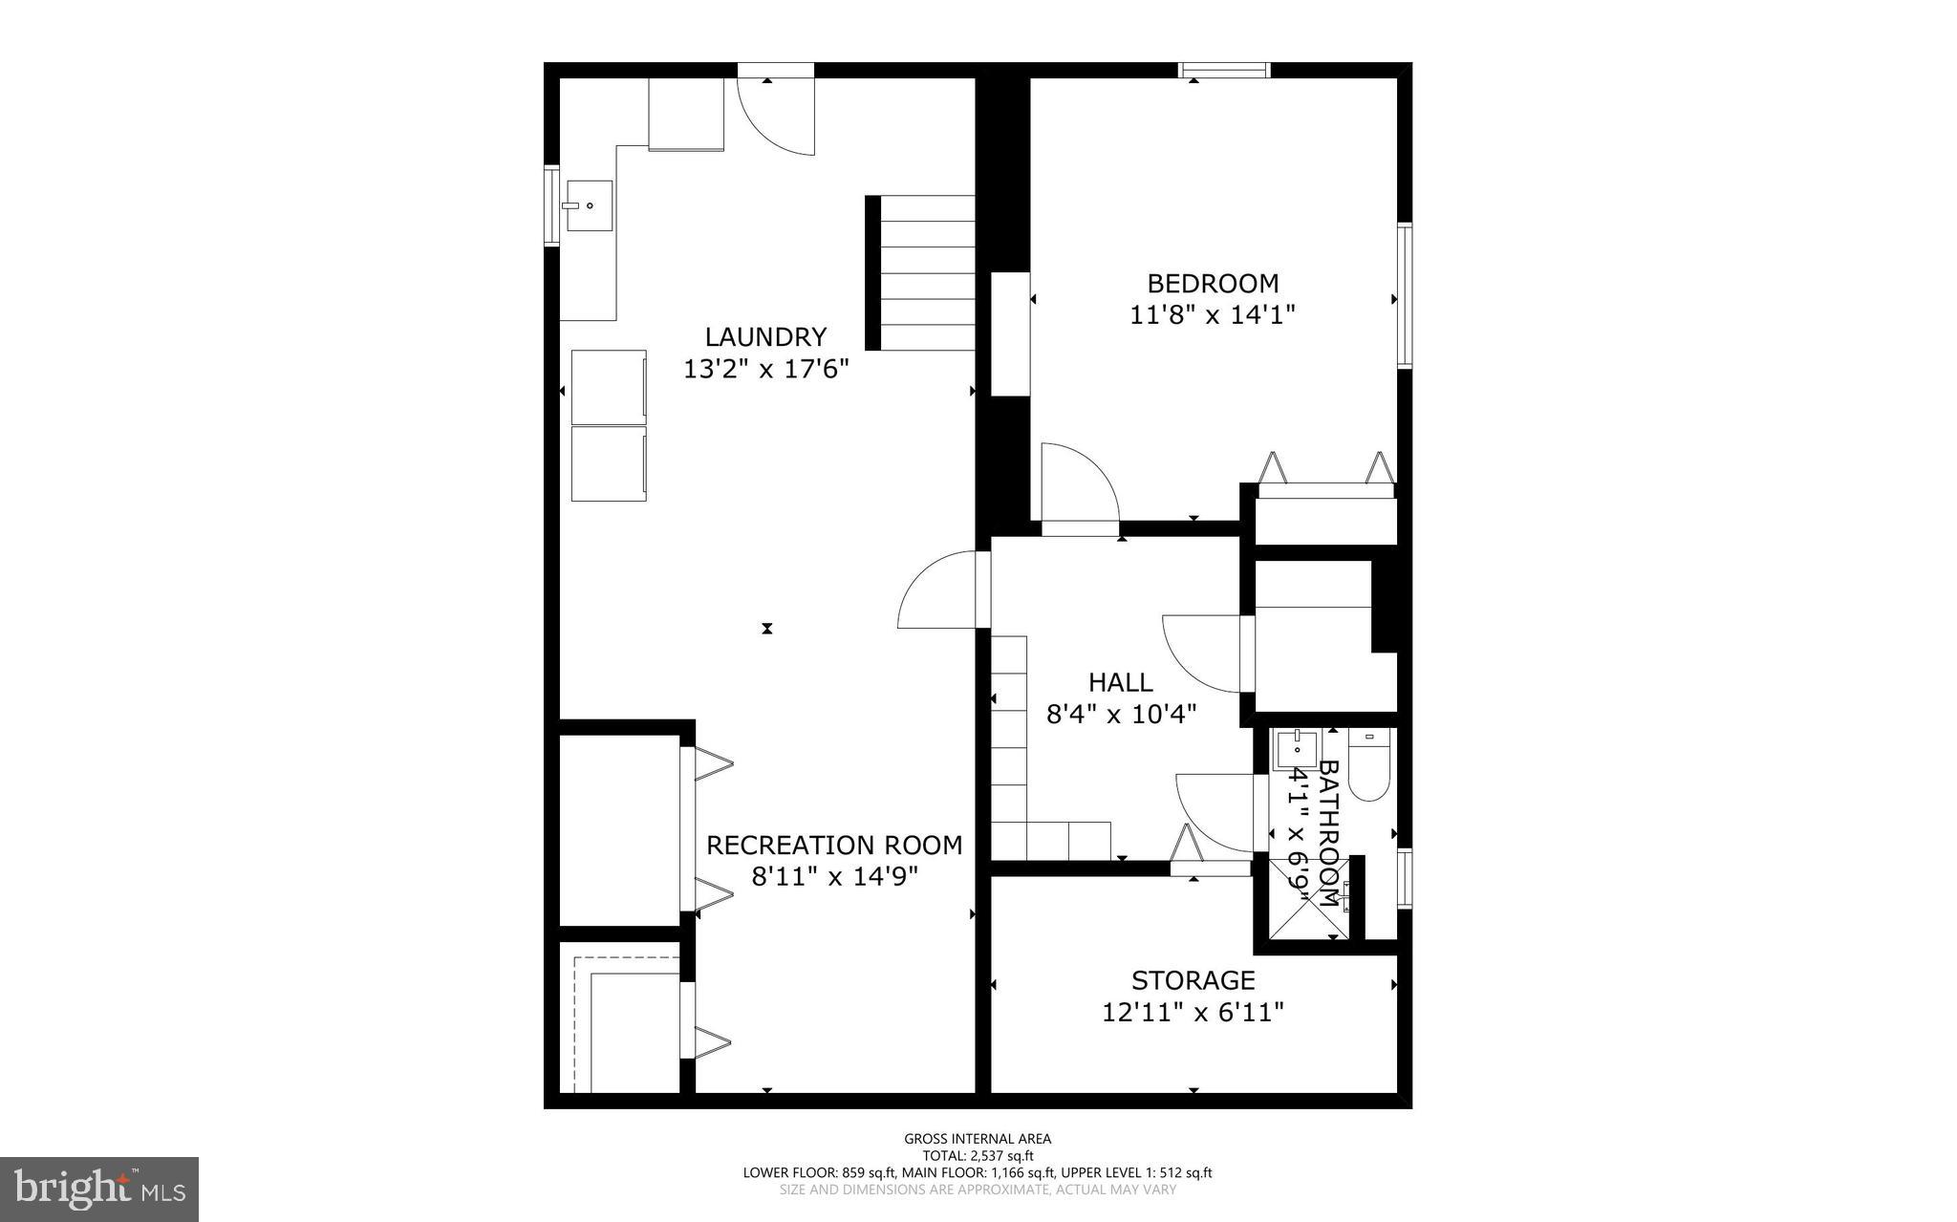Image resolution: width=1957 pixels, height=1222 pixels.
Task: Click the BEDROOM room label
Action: coord(1212,284)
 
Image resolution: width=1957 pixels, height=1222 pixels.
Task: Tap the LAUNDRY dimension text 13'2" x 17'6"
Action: coord(765,369)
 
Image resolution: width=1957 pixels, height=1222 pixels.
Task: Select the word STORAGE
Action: coord(1193,980)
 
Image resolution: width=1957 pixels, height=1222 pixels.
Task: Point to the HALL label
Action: coord(1120,682)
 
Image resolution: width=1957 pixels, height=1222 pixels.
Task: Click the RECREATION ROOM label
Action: coord(833,846)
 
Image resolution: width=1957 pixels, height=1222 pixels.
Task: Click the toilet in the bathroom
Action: coord(1368,769)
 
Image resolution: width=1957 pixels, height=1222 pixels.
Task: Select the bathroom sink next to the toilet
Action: coord(1297,749)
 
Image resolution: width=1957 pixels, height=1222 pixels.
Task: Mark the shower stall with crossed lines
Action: coord(1308,898)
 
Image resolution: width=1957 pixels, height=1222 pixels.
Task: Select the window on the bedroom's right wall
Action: coord(1404,295)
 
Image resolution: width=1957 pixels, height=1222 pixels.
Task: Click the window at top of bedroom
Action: coord(1223,70)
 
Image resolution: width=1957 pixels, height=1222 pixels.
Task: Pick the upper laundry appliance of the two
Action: coord(609,386)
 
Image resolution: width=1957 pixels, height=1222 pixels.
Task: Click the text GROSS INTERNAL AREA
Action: coord(978,1138)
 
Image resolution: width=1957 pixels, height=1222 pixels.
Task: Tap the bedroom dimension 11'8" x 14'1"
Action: coord(1212,315)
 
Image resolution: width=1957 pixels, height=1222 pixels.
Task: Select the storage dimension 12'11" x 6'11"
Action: coord(1193,1012)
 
